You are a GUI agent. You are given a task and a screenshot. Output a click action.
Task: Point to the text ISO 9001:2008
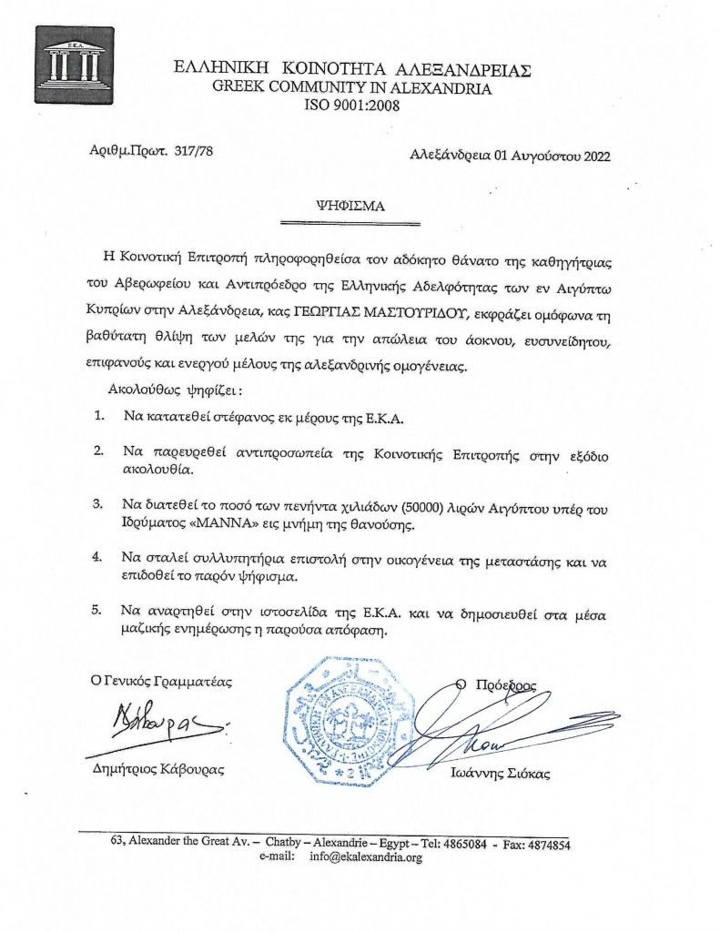(350, 106)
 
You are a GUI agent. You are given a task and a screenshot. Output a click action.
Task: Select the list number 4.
(98, 554)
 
